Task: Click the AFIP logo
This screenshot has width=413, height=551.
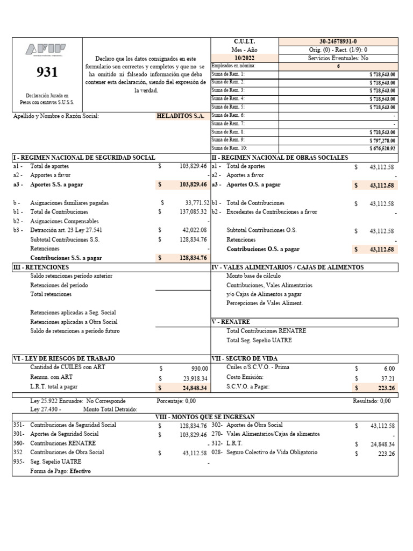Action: tap(47, 50)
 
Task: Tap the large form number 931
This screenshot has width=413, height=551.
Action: tap(47, 72)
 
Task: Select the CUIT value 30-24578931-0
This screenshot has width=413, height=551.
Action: tap(338, 41)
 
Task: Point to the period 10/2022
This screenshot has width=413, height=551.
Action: tap(245, 58)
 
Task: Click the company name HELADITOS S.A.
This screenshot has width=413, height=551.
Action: tap(180, 116)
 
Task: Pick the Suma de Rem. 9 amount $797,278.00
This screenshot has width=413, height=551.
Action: tap(382, 140)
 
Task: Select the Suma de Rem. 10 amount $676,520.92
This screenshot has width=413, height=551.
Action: tap(382, 148)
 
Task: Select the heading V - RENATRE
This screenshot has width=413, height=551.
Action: tap(232, 322)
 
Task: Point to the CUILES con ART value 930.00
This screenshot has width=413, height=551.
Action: tap(198, 368)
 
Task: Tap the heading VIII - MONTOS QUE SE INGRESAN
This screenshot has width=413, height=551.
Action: tap(205, 417)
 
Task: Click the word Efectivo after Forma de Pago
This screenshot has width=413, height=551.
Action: tap(80, 471)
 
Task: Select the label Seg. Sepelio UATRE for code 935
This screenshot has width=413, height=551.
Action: tap(56, 462)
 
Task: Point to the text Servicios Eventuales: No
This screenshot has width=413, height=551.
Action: tap(338, 58)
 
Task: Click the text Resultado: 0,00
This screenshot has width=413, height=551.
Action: tap(372, 401)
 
